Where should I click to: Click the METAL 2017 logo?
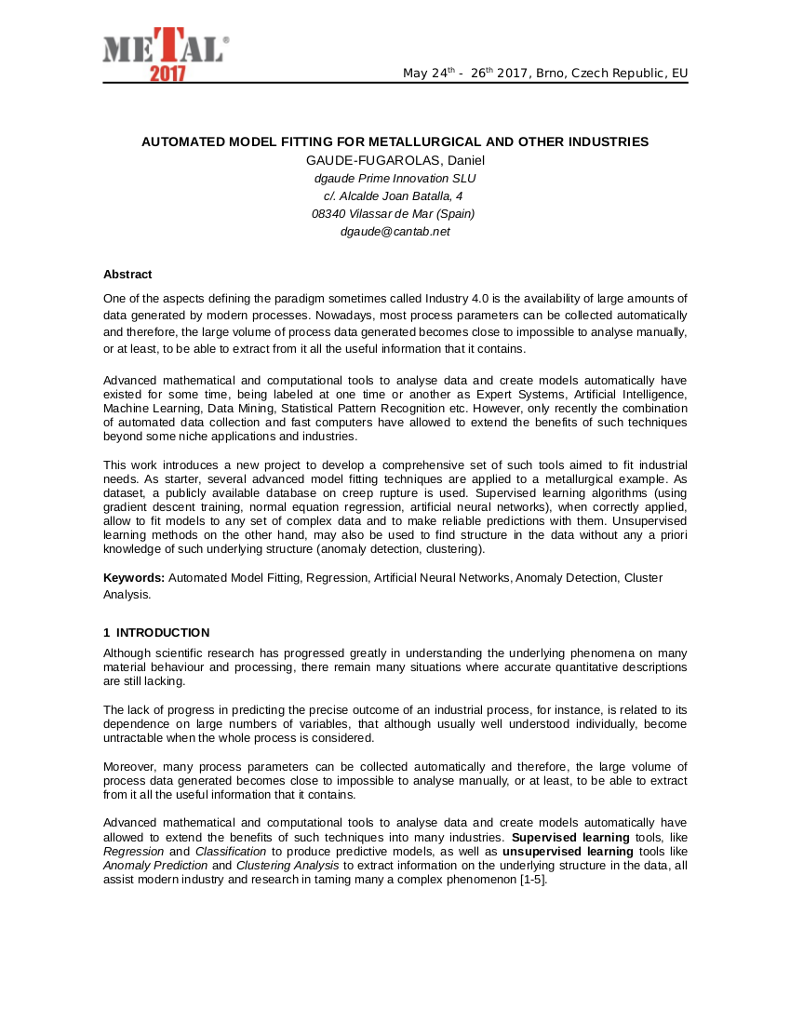coord(166,54)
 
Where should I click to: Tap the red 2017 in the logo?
coord(168,74)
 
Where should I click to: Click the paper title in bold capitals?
coord(395,141)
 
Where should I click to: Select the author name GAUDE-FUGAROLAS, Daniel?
coord(395,160)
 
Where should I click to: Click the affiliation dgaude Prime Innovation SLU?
coord(395,178)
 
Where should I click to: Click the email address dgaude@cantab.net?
coord(395,231)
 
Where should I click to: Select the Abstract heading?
coord(127,275)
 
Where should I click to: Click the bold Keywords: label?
coord(133,578)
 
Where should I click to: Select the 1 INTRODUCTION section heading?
coord(156,633)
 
